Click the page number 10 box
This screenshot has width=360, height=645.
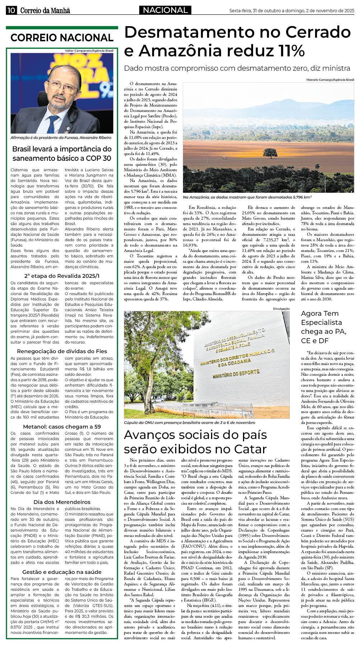(x=11, y=10)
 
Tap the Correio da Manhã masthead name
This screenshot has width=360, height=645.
(x=45, y=11)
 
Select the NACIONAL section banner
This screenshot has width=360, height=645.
(x=165, y=10)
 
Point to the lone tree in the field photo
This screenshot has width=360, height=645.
(x=270, y=154)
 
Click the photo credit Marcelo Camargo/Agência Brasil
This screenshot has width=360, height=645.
(x=330, y=80)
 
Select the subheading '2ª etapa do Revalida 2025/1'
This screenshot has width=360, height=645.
(x=62, y=276)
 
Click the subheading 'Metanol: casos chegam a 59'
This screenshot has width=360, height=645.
(x=62, y=426)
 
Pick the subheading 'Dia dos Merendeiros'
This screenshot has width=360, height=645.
(x=62, y=502)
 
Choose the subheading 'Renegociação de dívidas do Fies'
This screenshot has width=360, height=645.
(x=62, y=351)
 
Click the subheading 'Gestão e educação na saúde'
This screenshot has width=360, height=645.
(x=62, y=572)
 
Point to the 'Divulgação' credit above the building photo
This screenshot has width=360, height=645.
(x=281, y=309)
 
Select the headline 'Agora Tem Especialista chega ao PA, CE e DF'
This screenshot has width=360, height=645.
(x=323, y=327)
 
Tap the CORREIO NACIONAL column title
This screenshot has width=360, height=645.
(x=62, y=38)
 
